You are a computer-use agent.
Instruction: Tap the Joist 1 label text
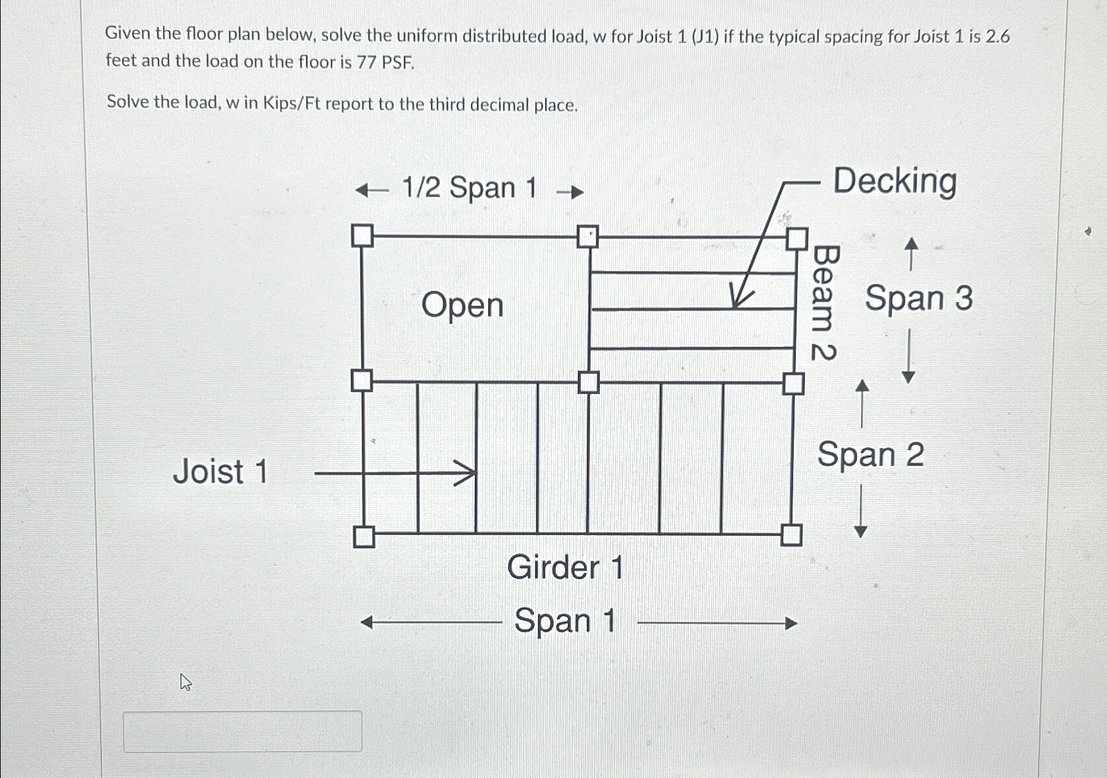coord(220,471)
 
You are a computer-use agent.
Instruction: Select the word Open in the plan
coord(462,305)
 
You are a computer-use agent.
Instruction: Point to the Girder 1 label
coord(565,567)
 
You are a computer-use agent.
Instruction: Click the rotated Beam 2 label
coord(824,302)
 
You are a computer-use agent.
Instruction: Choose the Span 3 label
coord(918,298)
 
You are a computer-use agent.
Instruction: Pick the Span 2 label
coord(870,454)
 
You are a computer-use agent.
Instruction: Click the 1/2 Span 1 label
coord(469,188)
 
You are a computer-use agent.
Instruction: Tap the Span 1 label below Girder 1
coord(564,621)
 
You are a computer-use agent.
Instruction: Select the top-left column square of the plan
coord(362,236)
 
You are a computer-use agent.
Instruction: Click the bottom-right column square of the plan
coord(791,535)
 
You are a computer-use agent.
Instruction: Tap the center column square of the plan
coord(588,382)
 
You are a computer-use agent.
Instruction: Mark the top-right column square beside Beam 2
coord(797,238)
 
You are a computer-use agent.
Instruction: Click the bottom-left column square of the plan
coord(364,537)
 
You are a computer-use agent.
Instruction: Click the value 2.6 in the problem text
coord(998,37)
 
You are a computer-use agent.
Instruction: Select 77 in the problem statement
coord(366,63)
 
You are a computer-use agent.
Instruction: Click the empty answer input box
coord(243,731)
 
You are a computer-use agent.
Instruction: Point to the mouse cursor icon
coord(185,682)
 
